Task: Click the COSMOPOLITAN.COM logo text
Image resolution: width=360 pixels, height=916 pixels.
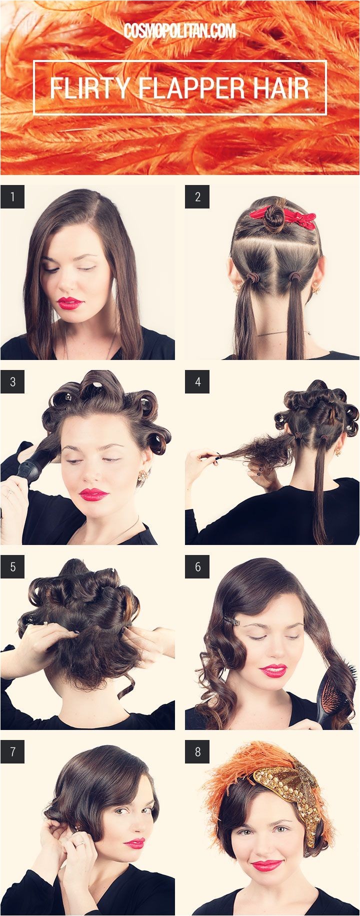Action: click(180, 31)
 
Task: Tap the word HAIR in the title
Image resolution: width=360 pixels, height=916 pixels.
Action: click(277, 88)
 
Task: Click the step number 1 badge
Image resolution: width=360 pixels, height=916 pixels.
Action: click(12, 197)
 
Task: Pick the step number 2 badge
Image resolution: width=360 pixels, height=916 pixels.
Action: click(197, 197)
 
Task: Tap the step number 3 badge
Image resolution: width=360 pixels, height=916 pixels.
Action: click(12, 382)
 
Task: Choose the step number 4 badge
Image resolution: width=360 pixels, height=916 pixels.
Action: click(197, 382)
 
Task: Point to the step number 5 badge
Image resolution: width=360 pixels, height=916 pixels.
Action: click(12, 567)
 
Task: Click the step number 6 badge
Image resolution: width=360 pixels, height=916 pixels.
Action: click(197, 567)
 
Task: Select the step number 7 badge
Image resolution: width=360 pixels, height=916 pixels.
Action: click(12, 752)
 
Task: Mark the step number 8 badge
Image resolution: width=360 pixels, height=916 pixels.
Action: click(197, 752)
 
